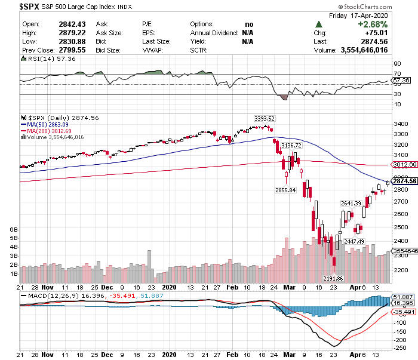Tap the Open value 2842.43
(67, 23)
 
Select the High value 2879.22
(67, 32)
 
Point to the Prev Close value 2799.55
(67, 50)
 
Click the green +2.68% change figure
(373, 23)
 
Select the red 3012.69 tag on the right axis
(404, 164)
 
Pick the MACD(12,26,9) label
(45, 296)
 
